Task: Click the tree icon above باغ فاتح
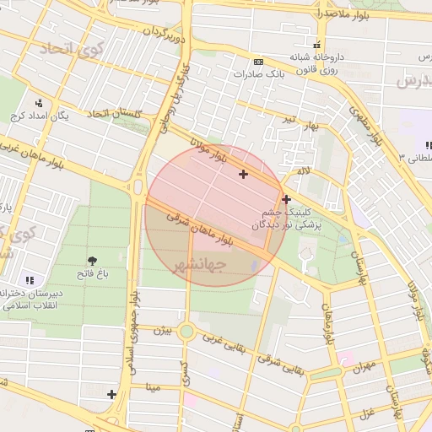(x=92, y=260)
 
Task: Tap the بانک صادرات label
(x=258, y=74)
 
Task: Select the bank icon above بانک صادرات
(x=258, y=62)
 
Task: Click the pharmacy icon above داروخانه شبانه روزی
(x=316, y=45)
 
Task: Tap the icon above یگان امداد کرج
(x=38, y=103)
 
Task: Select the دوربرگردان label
(x=162, y=33)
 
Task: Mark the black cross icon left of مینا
(x=111, y=394)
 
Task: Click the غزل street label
(x=367, y=413)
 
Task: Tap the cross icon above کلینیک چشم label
(x=287, y=200)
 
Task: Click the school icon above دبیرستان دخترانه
(x=30, y=279)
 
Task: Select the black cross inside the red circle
(x=244, y=175)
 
